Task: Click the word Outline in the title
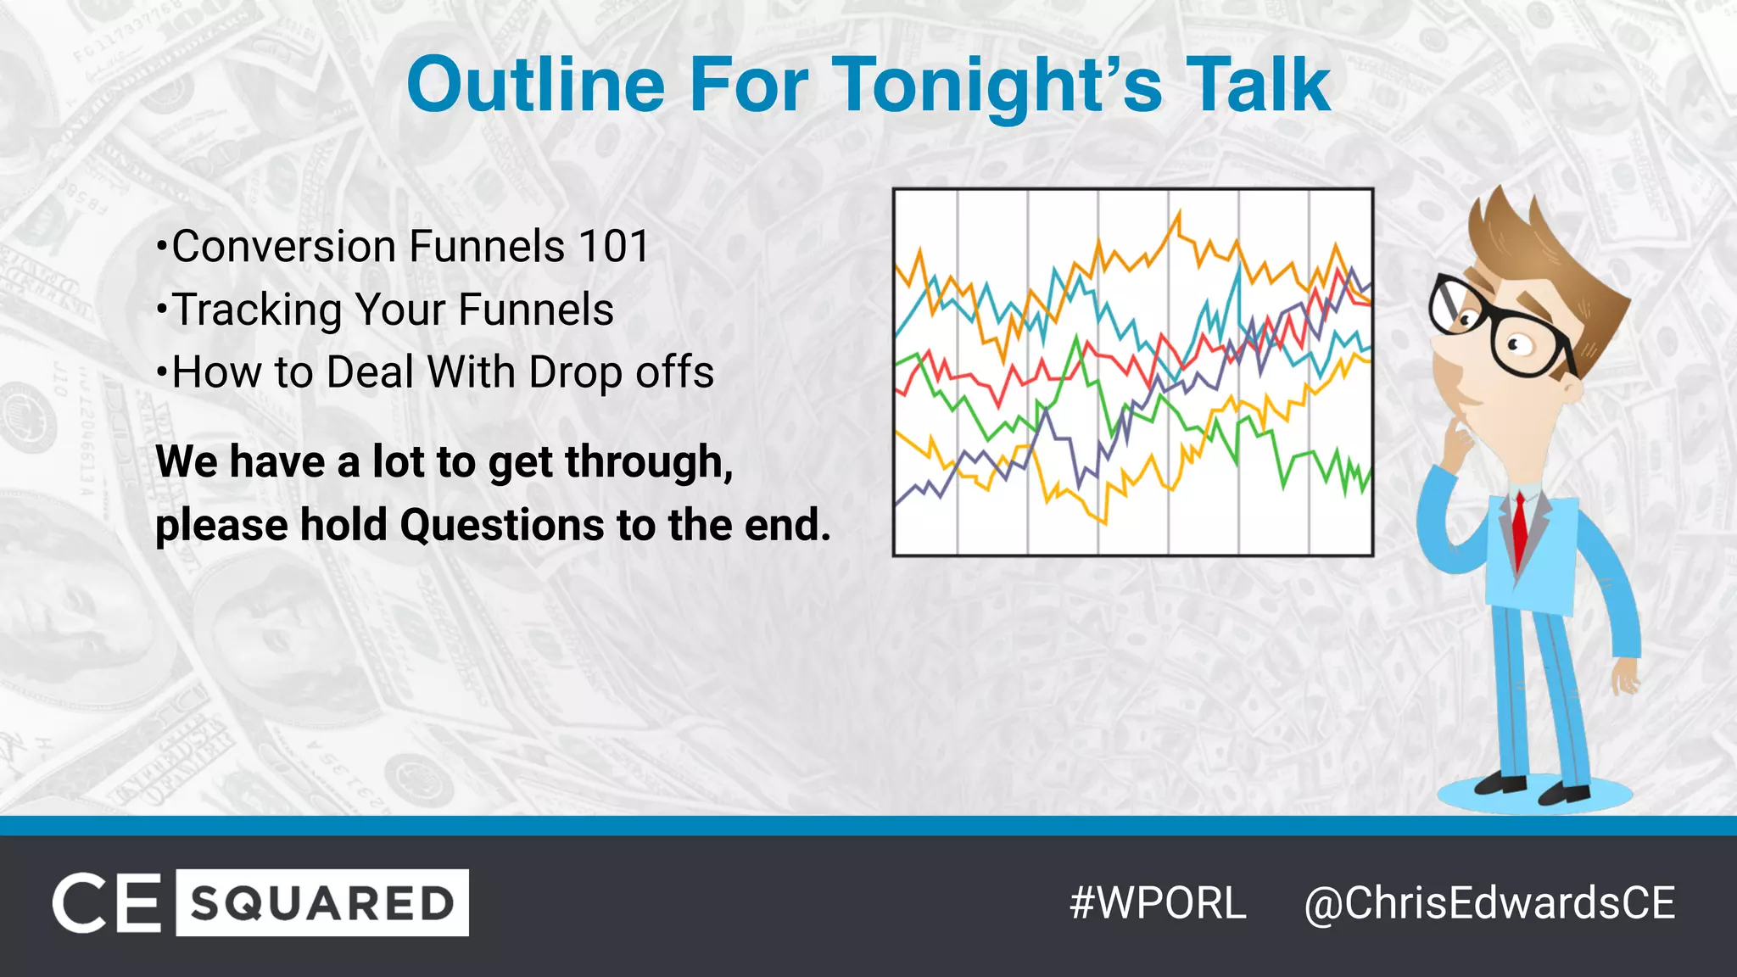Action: click(536, 85)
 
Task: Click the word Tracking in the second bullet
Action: click(257, 310)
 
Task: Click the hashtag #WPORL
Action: click(1158, 903)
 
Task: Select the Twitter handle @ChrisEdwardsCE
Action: click(1489, 903)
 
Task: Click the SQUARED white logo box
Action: click(322, 903)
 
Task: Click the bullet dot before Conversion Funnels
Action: click(161, 248)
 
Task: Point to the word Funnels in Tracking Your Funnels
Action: click(535, 310)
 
